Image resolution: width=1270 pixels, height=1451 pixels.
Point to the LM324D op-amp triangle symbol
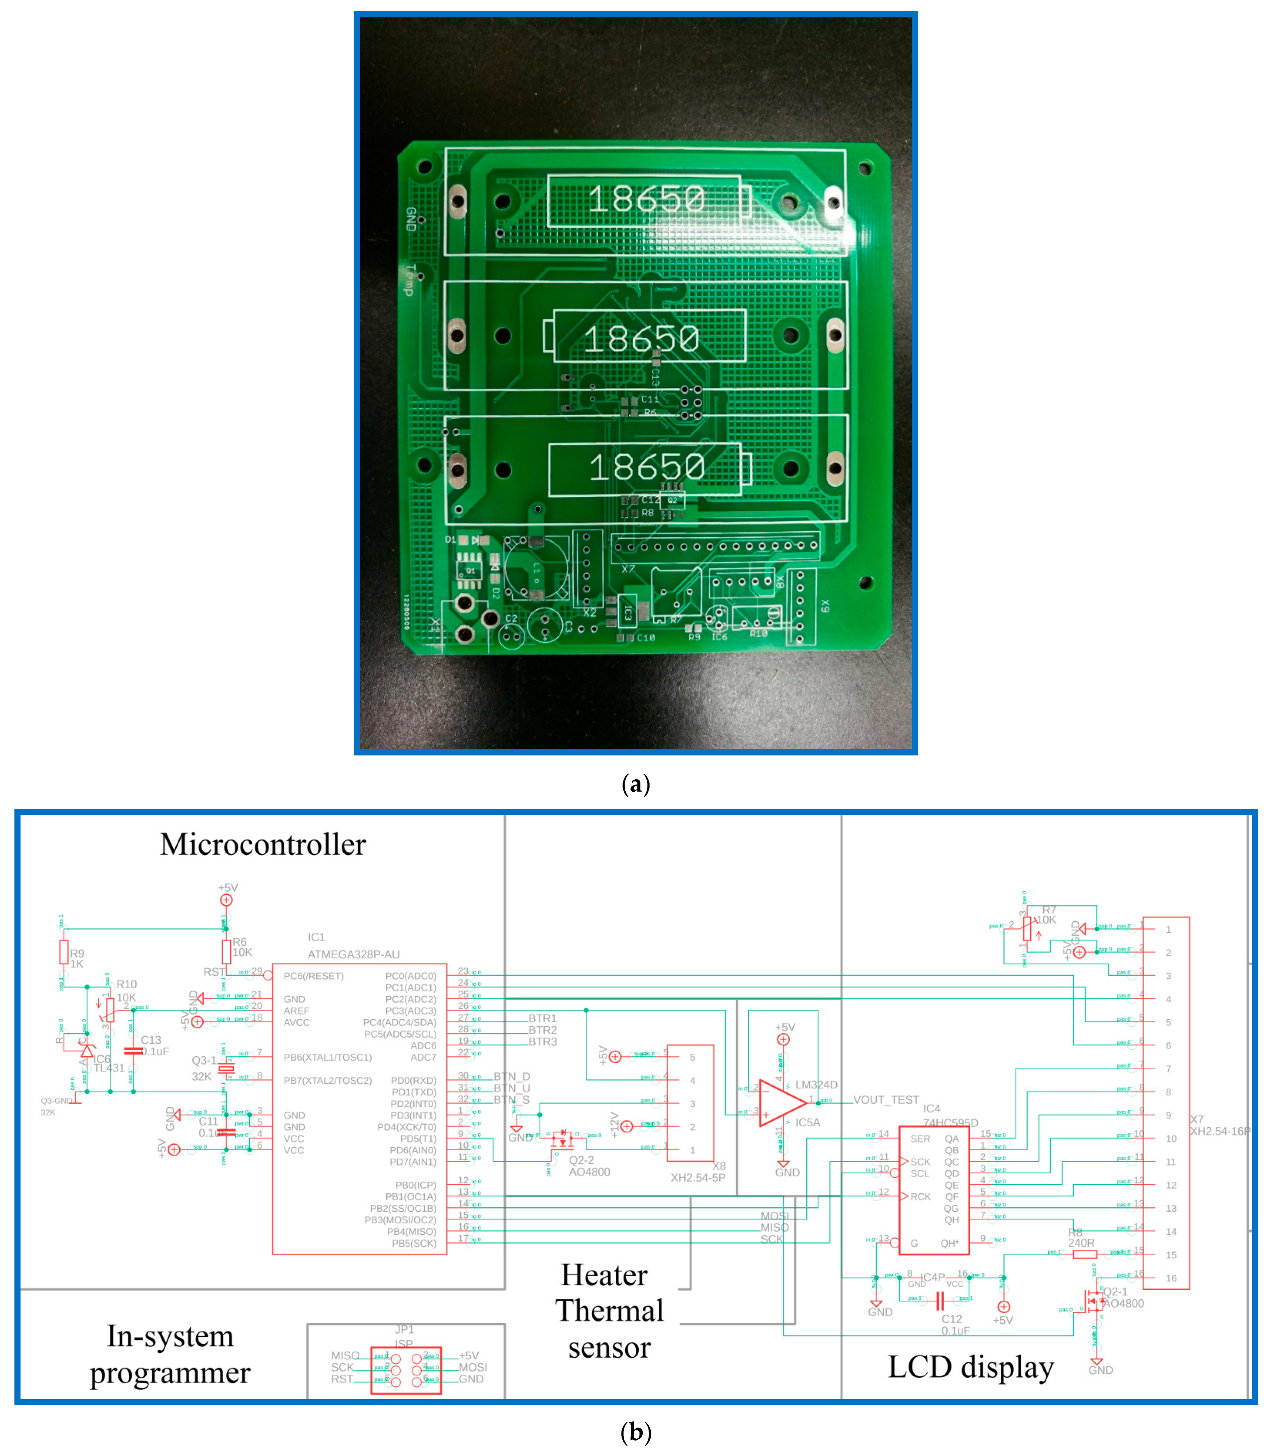pyautogui.click(x=781, y=1103)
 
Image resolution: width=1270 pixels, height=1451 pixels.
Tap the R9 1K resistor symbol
pyautogui.click(x=64, y=952)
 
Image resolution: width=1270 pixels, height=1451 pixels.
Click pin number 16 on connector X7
pyautogui.click(x=1171, y=1278)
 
